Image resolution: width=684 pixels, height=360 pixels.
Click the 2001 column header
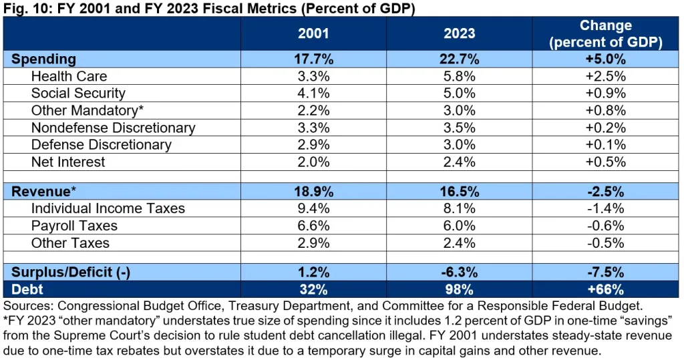(x=313, y=33)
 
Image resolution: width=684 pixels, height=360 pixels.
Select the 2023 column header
(x=460, y=33)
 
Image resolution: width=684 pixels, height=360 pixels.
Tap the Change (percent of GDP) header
(x=606, y=33)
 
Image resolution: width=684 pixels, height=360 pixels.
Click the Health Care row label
(x=69, y=76)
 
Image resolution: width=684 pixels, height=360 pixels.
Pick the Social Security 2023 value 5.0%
(x=460, y=94)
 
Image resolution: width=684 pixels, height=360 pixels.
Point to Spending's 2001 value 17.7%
(x=313, y=59)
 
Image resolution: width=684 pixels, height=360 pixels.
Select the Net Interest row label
(x=68, y=162)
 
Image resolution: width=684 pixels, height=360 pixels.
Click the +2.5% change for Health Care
(x=606, y=76)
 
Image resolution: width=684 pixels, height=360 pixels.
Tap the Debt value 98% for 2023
(x=460, y=289)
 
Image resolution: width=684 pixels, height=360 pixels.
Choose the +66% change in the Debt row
(x=606, y=289)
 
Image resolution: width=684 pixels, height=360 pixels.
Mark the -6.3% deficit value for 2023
(x=460, y=272)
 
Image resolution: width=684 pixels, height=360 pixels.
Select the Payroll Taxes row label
(x=74, y=226)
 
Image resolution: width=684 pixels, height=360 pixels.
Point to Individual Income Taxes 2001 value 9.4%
(x=313, y=208)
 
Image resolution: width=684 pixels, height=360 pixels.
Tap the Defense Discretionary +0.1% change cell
(x=606, y=144)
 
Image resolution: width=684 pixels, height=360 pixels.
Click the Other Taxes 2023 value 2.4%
(x=460, y=242)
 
